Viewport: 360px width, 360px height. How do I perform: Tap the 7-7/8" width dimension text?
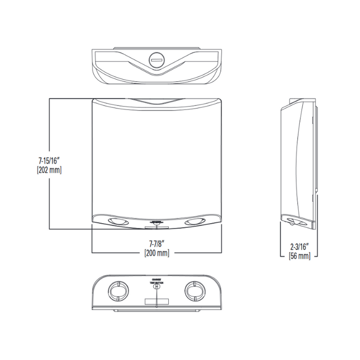(157, 244)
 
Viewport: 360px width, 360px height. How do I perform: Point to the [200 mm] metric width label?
(157, 253)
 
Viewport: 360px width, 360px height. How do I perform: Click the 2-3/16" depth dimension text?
(299, 246)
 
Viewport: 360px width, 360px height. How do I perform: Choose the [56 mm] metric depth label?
(299, 255)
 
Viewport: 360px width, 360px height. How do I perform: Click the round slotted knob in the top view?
(156, 60)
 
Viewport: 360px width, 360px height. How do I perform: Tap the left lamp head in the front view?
(119, 221)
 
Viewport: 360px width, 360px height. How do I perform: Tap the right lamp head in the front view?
(194, 221)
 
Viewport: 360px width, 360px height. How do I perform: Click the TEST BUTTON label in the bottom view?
(156, 283)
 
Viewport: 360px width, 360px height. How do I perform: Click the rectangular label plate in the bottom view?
(156, 301)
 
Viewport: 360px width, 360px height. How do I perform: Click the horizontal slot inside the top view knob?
(156, 60)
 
